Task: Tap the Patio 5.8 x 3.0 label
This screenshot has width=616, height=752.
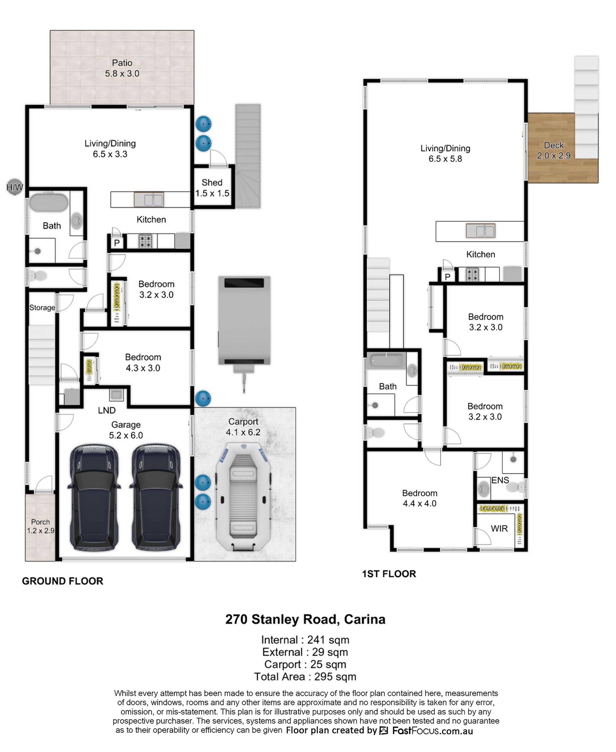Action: pyautogui.click(x=122, y=68)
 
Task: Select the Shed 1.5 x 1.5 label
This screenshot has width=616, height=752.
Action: pyautogui.click(x=212, y=188)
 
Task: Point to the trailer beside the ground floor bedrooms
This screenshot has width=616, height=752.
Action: pyautogui.click(x=244, y=330)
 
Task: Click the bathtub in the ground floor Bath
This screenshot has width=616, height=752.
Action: pyautogui.click(x=49, y=202)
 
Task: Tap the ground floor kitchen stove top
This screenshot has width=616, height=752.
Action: pyautogui.click(x=145, y=241)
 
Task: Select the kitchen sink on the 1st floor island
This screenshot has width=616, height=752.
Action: pyautogui.click(x=480, y=231)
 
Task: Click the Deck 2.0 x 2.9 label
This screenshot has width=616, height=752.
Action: pyautogui.click(x=553, y=150)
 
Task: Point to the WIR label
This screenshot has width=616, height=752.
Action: pyautogui.click(x=499, y=529)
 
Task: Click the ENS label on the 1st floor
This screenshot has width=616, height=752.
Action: pyautogui.click(x=500, y=480)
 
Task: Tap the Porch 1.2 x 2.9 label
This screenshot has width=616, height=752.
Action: pyautogui.click(x=40, y=526)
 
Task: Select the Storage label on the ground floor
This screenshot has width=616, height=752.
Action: pyautogui.click(x=42, y=307)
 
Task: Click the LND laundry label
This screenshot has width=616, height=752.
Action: pyautogui.click(x=107, y=410)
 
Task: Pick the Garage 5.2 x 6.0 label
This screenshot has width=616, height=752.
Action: pyautogui.click(x=126, y=430)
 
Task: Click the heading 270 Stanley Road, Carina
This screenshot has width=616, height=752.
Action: pyautogui.click(x=305, y=619)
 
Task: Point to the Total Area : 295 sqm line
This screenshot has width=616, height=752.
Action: pyautogui.click(x=305, y=677)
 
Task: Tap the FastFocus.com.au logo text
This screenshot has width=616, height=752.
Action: pyautogui.click(x=432, y=731)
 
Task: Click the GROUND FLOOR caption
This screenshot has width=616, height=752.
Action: pyautogui.click(x=63, y=581)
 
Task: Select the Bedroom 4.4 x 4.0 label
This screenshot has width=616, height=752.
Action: pyautogui.click(x=420, y=498)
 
